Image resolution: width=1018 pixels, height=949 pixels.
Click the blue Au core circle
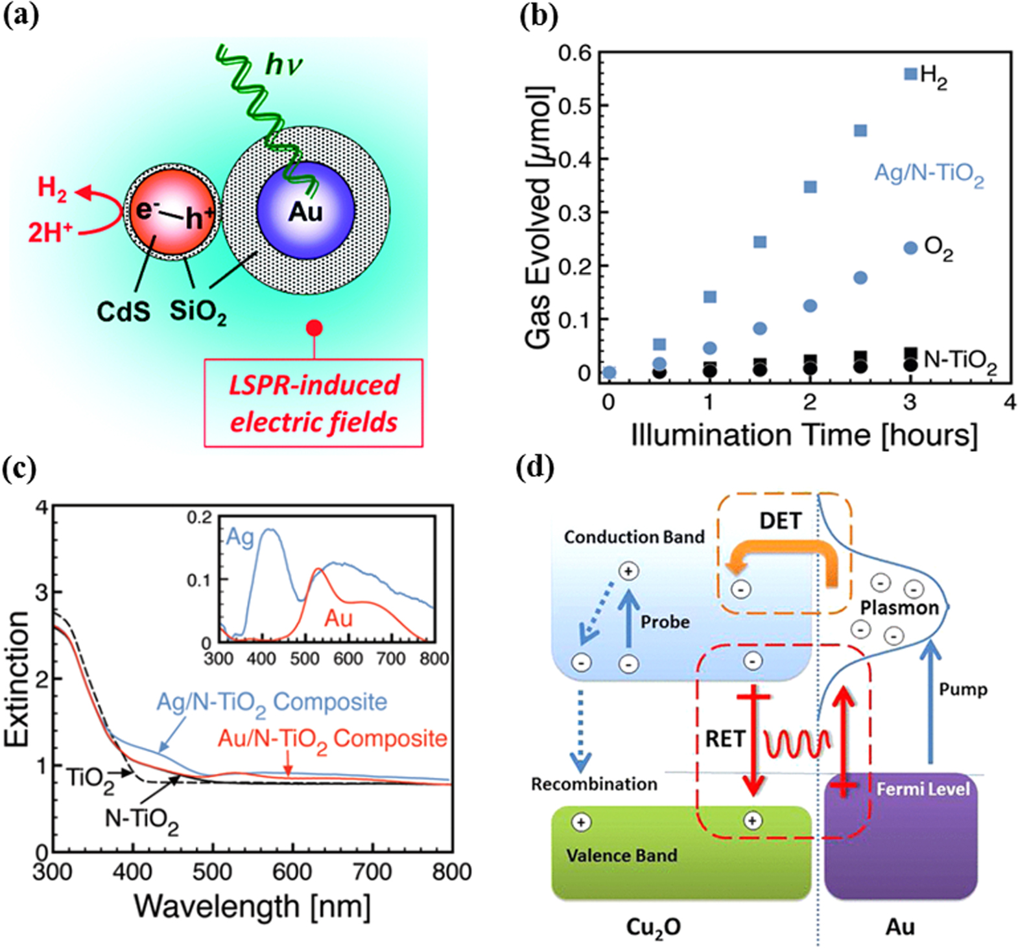point(305,211)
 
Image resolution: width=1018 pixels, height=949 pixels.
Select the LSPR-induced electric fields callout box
point(314,403)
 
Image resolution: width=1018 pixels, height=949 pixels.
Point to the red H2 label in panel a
point(51,187)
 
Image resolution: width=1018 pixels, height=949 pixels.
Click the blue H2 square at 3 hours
point(910,74)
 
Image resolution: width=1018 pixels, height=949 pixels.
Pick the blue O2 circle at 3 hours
point(910,248)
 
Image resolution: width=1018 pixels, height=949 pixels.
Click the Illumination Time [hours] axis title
point(804,435)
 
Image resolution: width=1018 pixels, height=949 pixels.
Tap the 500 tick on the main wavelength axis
point(212,872)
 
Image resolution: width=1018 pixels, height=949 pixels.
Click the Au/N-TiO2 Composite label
point(332,739)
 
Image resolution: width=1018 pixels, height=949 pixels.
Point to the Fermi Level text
point(922,789)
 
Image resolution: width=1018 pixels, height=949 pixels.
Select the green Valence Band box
point(681,853)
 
